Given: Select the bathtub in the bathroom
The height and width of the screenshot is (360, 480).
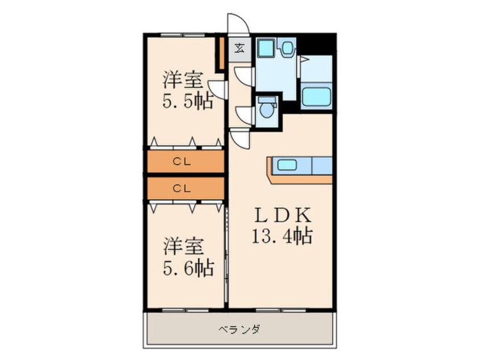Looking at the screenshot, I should pyautogui.click(x=316, y=96).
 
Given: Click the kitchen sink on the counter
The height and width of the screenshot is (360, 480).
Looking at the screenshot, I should pyautogui.click(x=287, y=166).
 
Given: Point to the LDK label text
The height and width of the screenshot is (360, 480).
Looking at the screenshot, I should pyautogui.click(x=281, y=216).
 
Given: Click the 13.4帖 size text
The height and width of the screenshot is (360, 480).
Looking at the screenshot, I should pyautogui.click(x=282, y=235).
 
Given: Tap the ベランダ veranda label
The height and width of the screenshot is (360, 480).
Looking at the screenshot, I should pyautogui.click(x=238, y=329).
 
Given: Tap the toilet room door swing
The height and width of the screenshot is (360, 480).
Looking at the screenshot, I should pyautogui.click(x=244, y=114).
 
